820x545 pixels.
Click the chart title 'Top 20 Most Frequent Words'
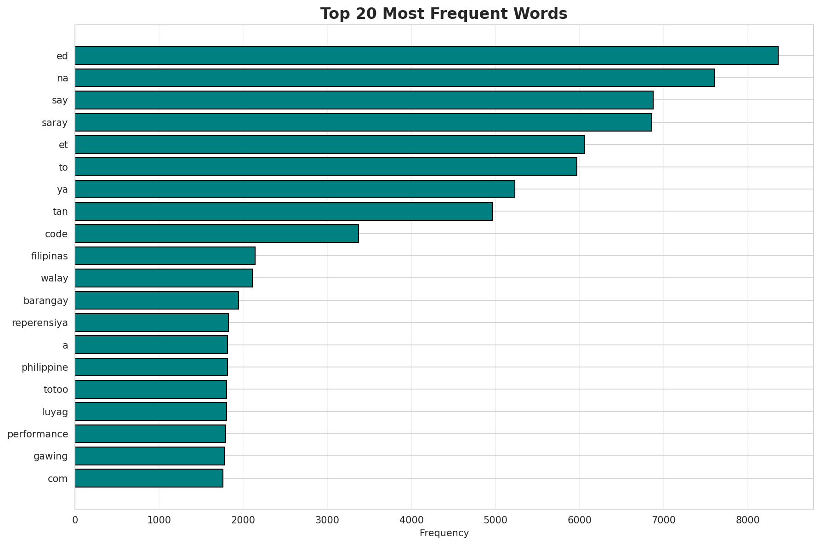tap(444, 14)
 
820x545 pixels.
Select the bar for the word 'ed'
tap(426, 56)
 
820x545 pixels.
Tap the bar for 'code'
tap(216, 234)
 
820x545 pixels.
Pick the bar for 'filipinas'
tap(165, 256)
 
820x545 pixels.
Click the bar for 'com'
tap(149, 478)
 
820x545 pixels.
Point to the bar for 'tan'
tap(284, 212)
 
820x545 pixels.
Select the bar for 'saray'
tap(363, 122)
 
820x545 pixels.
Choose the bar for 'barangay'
tap(157, 300)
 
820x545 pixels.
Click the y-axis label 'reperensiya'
tap(40, 323)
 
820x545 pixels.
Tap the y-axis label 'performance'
tap(38, 434)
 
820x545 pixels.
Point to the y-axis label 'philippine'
tap(45, 367)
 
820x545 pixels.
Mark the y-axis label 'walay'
tap(54, 278)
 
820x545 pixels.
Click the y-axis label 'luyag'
tap(55, 412)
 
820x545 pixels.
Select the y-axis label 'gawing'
tap(51, 456)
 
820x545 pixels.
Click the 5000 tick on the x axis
tap(495, 520)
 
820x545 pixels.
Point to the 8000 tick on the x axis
tap(748, 520)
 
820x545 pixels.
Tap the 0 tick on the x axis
tap(75, 520)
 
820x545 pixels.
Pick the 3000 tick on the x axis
tap(327, 520)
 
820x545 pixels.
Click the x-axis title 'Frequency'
tap(444, 533)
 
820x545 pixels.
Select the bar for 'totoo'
tap(151, 390)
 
